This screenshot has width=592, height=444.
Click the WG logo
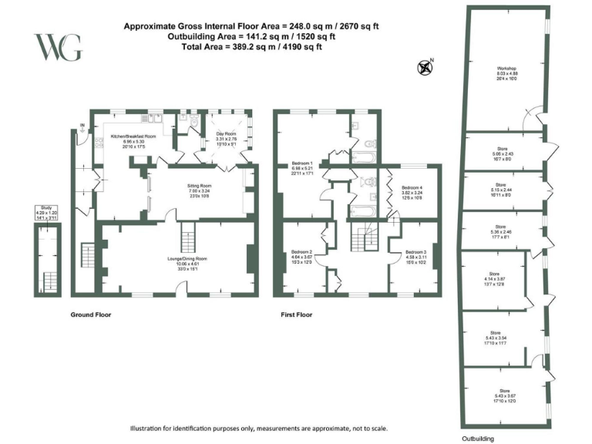click(x=59, y=47)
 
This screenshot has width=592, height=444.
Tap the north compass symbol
click(x=424, y=67)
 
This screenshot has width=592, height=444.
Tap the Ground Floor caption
click(x=92, y=315)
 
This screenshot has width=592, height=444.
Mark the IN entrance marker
click(x=81, y=126)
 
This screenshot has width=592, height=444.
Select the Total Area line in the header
click(x=250, y=47)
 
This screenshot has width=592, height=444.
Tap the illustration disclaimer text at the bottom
click(x=257, y=429)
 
